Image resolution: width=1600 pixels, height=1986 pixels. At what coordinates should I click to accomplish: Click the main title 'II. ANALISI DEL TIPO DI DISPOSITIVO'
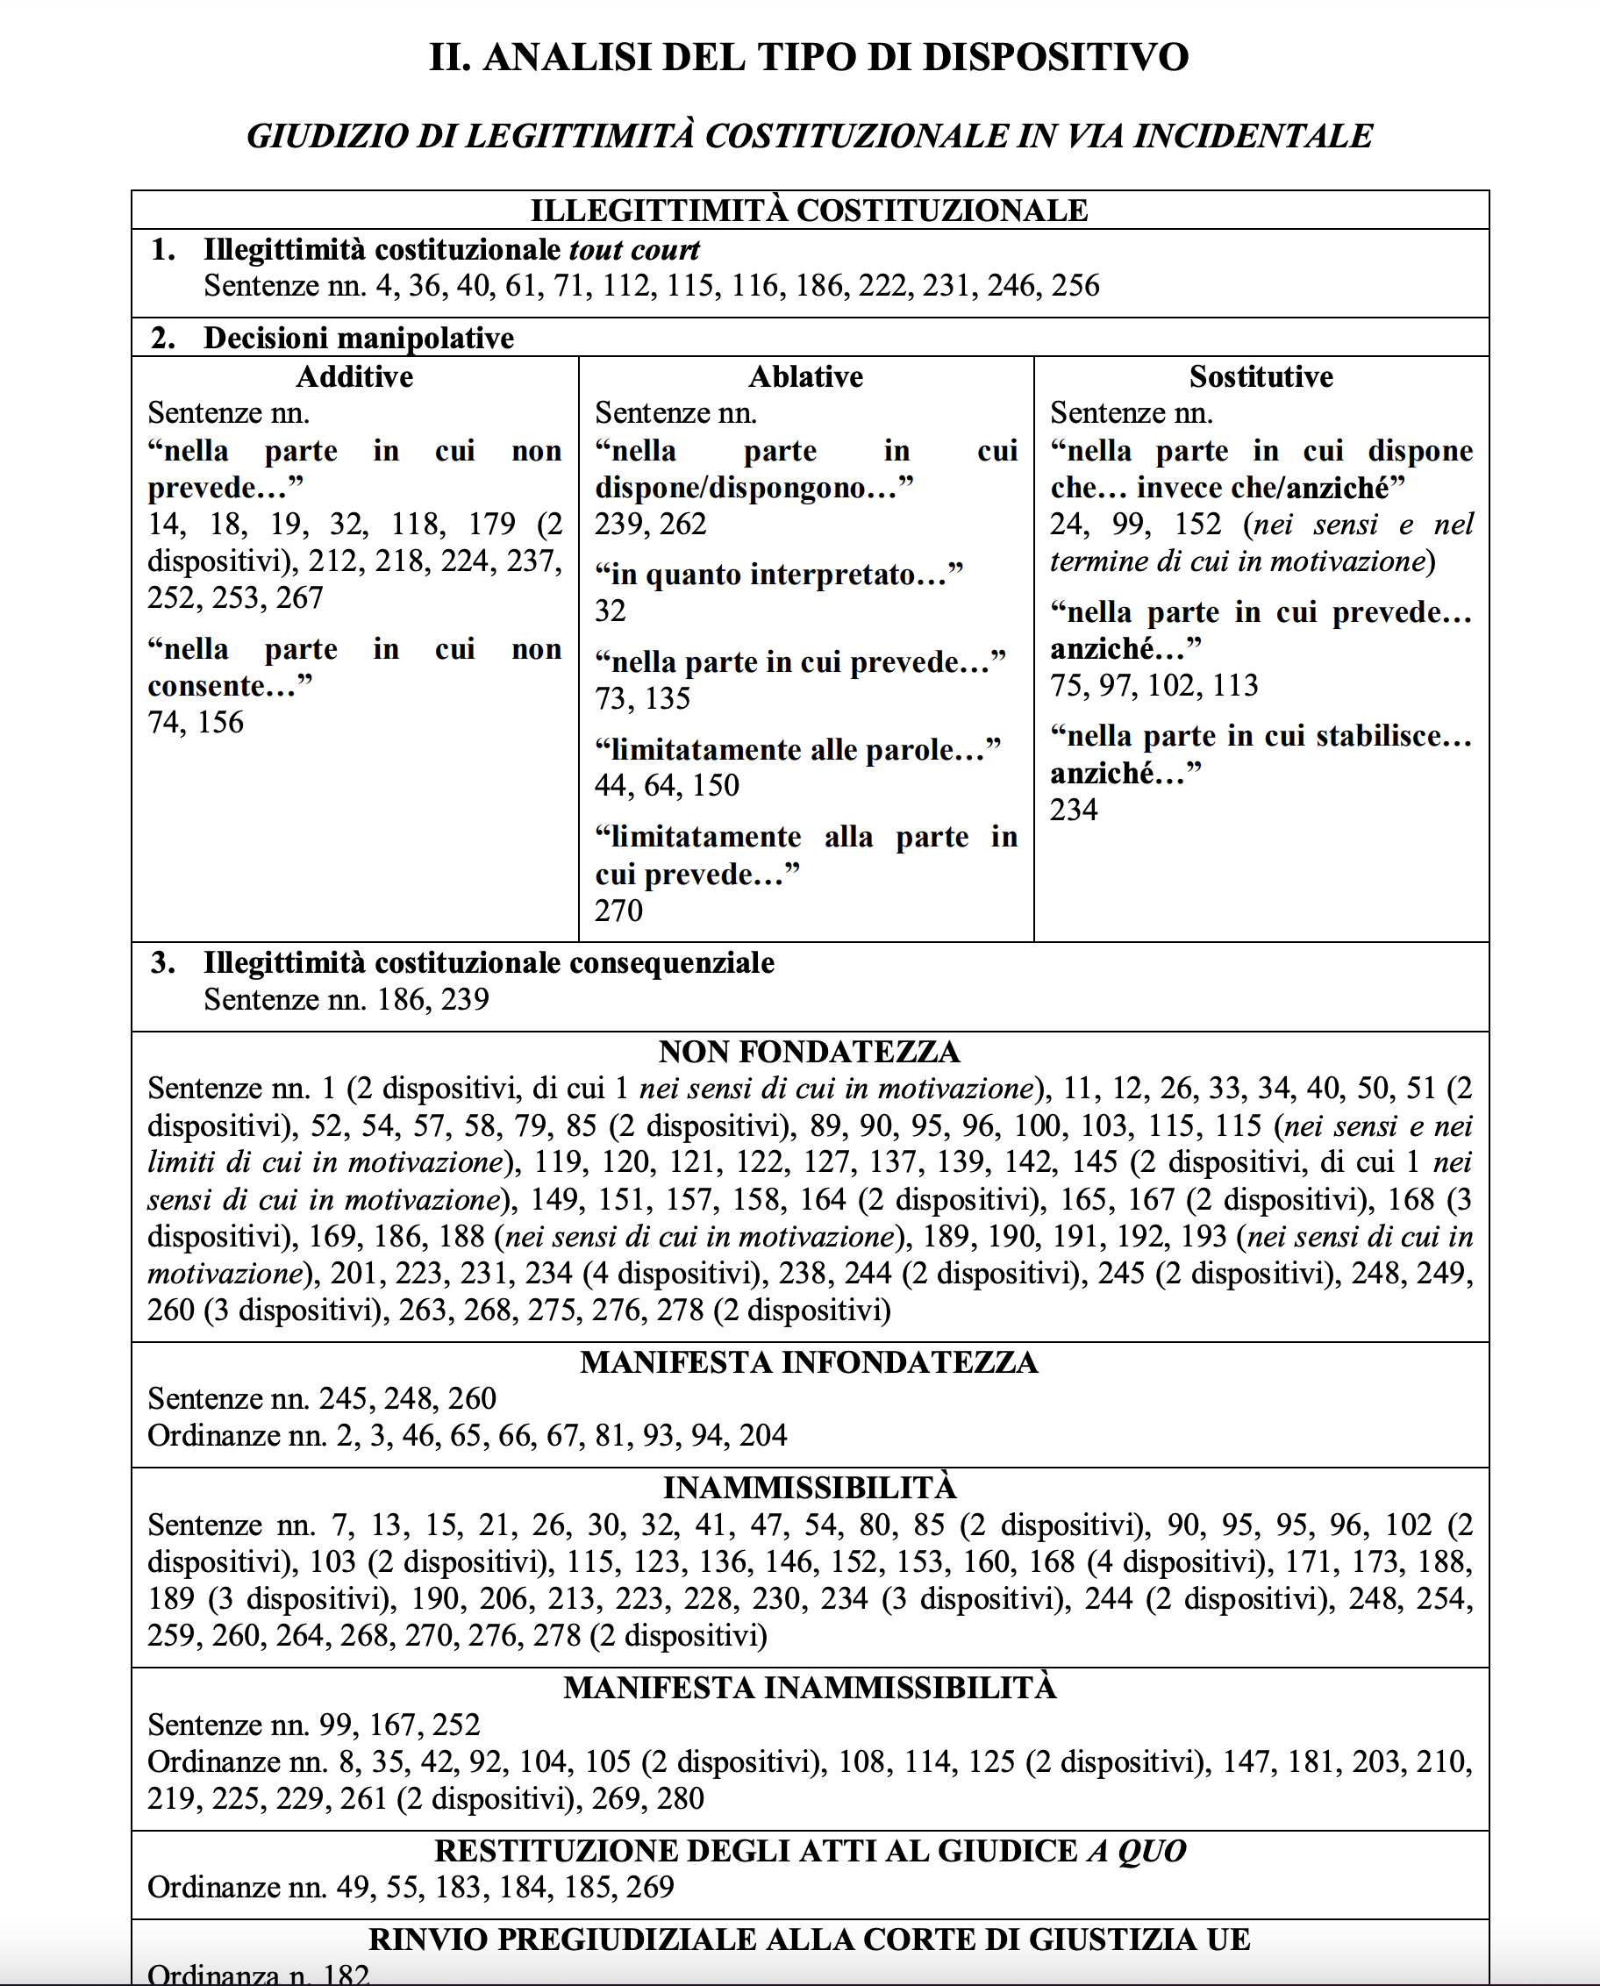pos(808,57)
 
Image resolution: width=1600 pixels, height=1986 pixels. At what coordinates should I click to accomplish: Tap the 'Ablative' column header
pos(805,377)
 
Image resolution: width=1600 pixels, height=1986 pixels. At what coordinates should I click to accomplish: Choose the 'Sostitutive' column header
pos(1260,377)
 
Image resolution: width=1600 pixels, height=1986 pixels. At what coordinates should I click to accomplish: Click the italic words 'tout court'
pos(634,250)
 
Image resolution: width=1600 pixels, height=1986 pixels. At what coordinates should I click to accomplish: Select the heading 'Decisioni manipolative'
pos(359,339)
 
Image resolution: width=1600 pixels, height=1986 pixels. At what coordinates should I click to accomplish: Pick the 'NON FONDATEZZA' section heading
pos(808,1052)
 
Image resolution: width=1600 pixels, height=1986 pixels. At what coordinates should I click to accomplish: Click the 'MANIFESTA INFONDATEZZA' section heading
pos(808,1362)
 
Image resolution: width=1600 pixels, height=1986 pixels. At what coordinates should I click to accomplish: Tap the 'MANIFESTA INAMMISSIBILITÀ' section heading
pos(808,1688)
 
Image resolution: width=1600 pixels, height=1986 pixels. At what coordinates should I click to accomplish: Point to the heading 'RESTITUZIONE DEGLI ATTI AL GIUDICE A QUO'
pos(808,1851)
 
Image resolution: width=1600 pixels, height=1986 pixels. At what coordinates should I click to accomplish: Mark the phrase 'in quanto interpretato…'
pos(778,575)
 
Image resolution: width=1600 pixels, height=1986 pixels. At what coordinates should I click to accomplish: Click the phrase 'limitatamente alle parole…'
pos(797,749)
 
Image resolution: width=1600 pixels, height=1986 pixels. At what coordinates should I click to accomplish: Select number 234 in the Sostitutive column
pos(1074,810)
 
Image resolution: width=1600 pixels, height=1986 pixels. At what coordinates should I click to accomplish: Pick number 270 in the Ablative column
pos(618,911)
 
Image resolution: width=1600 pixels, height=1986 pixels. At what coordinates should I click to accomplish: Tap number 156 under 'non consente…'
pos(220,723)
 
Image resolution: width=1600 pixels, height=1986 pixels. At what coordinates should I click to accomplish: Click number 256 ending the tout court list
pos(1075,286)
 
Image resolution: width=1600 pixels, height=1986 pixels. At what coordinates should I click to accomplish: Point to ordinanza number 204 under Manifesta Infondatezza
pos(762,1436)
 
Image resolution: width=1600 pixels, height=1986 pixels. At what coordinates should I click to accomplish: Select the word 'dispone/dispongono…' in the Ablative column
pos(753,488)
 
